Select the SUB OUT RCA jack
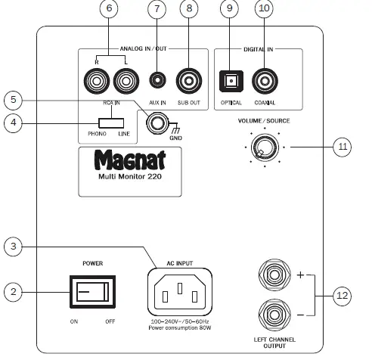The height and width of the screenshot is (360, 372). tap(188, 79)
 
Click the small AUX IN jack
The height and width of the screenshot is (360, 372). tap(157, 79)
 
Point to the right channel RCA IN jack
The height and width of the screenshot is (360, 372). tap(98, 79)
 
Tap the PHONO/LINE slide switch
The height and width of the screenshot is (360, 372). tap(110, 123)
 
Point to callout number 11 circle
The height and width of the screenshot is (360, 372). tap(344, 145)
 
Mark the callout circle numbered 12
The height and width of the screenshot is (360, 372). tap(344, 295)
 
